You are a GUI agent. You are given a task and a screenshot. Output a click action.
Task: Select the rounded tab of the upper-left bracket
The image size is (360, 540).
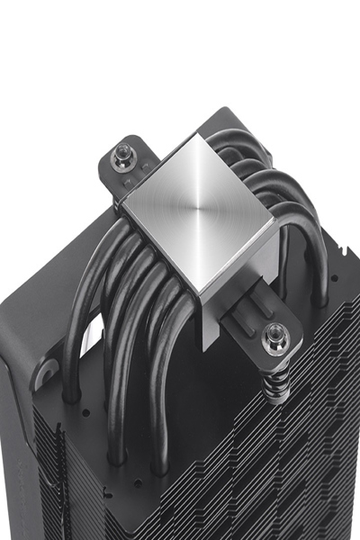pyautogui.click(x=112, y=153)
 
